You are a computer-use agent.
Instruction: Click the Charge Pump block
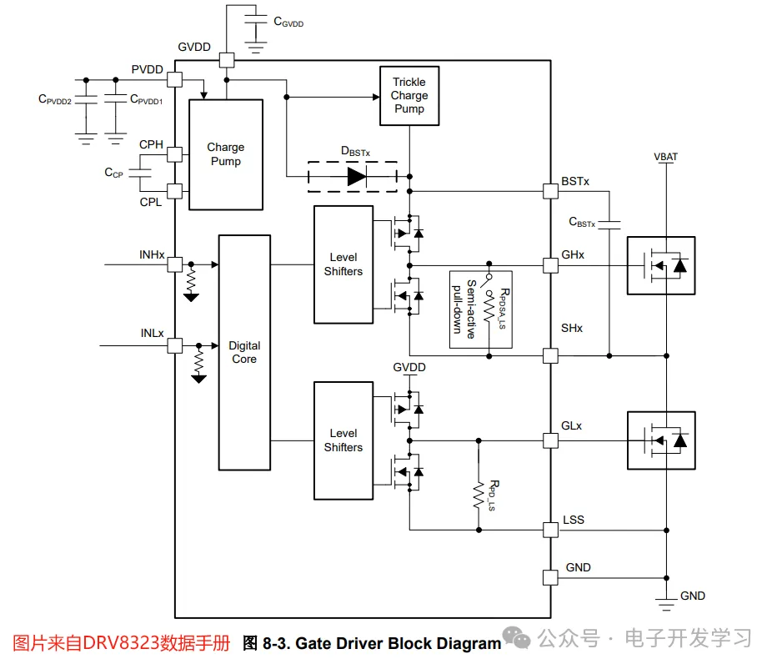tap(225, 154)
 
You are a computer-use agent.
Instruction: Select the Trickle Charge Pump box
tap(409, 96)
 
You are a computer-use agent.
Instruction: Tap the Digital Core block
tap(244, 352)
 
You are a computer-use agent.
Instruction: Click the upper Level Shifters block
tap(343, 264)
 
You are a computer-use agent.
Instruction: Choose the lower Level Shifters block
tap(343, 440)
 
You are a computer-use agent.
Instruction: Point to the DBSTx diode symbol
tap(356, 176)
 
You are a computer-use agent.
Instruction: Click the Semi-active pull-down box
tap(480, 309)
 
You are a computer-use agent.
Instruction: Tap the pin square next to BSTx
tap(550, 190)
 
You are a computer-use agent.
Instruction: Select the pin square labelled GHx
tap(550, 265)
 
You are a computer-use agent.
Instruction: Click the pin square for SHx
tap(550, 356)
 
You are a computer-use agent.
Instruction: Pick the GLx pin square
tap(550, 440)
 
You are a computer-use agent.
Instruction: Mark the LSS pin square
tap(550, 529)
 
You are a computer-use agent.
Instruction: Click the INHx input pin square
tap(175, 265)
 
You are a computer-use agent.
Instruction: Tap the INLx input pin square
tap(175, 345)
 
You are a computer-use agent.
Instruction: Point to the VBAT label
tap(666, 157)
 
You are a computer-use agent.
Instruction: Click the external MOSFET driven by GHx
tap(660, 265)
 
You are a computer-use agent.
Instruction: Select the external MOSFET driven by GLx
tap(660, 440)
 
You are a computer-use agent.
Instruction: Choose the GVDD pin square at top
tap(226, 60)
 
